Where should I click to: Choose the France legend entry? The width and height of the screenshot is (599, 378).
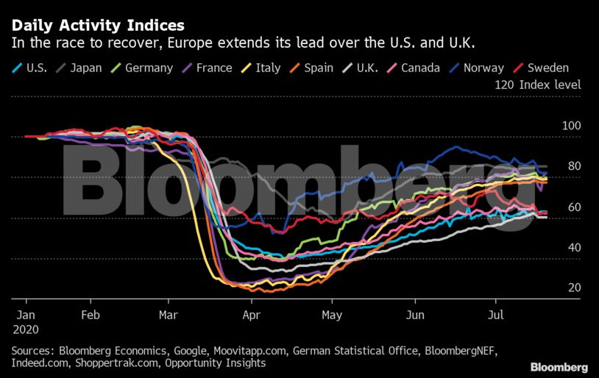pos(208,68)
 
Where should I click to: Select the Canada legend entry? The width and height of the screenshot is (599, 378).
pos(416,68)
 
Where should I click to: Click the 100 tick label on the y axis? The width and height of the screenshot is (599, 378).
pos(571,126)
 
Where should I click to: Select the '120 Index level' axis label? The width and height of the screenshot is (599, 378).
pos(539,85)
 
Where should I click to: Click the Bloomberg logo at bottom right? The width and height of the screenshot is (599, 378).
pos(559,366)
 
